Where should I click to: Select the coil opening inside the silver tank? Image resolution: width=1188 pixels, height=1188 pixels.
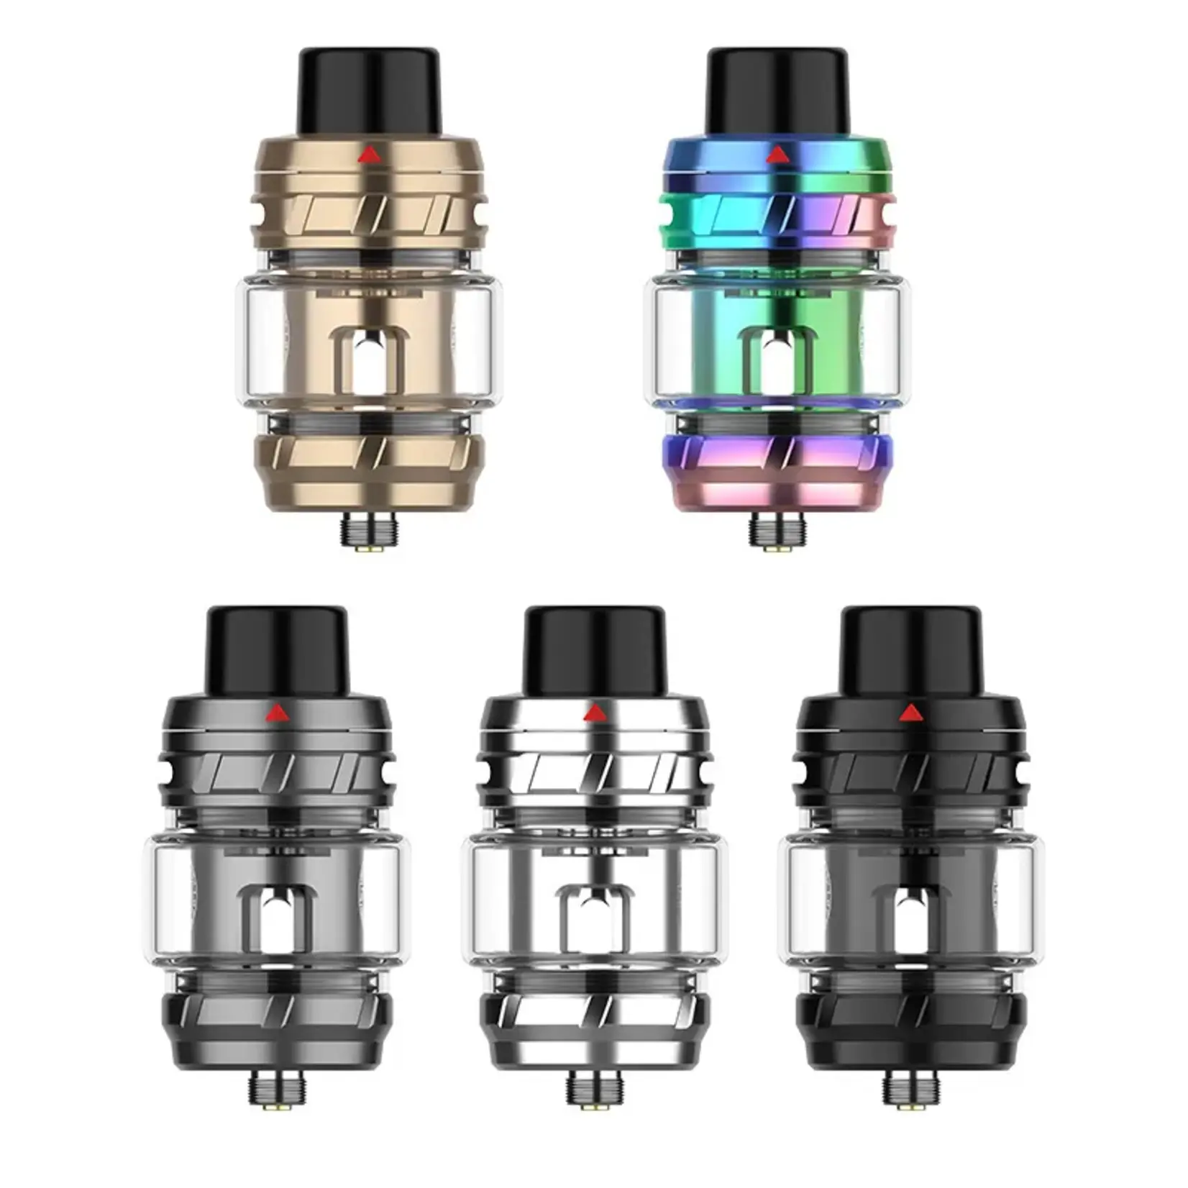594,919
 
